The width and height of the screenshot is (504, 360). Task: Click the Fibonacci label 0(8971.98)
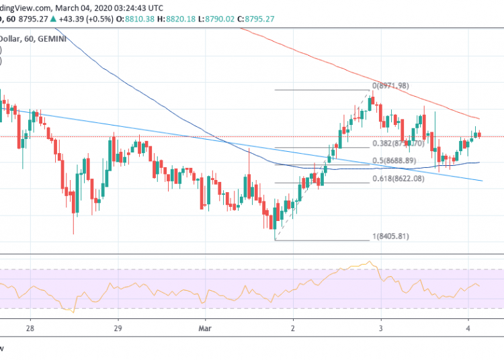(390, 86)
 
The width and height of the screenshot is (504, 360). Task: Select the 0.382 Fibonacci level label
(398, 144)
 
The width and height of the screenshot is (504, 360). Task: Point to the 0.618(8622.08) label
(399, 179)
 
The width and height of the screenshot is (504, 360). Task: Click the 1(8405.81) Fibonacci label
(390, 236)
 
